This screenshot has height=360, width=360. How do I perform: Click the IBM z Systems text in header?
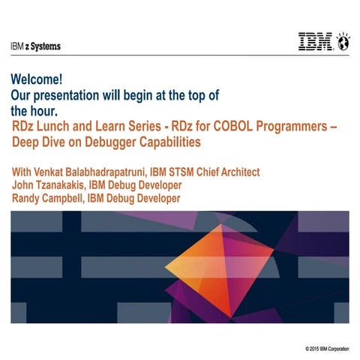36,46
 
